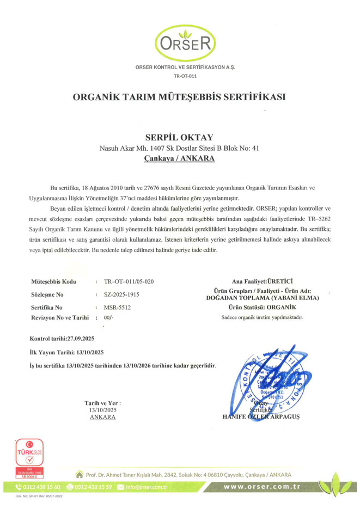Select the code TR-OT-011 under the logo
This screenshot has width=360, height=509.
click(179, 77)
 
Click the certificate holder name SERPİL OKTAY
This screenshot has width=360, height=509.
click(179, 137)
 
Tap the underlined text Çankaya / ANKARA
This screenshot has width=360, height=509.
click(179, 158)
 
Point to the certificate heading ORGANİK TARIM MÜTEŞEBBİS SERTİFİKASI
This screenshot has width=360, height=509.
click(179, 97)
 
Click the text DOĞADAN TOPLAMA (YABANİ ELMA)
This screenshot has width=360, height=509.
click(263, 298)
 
